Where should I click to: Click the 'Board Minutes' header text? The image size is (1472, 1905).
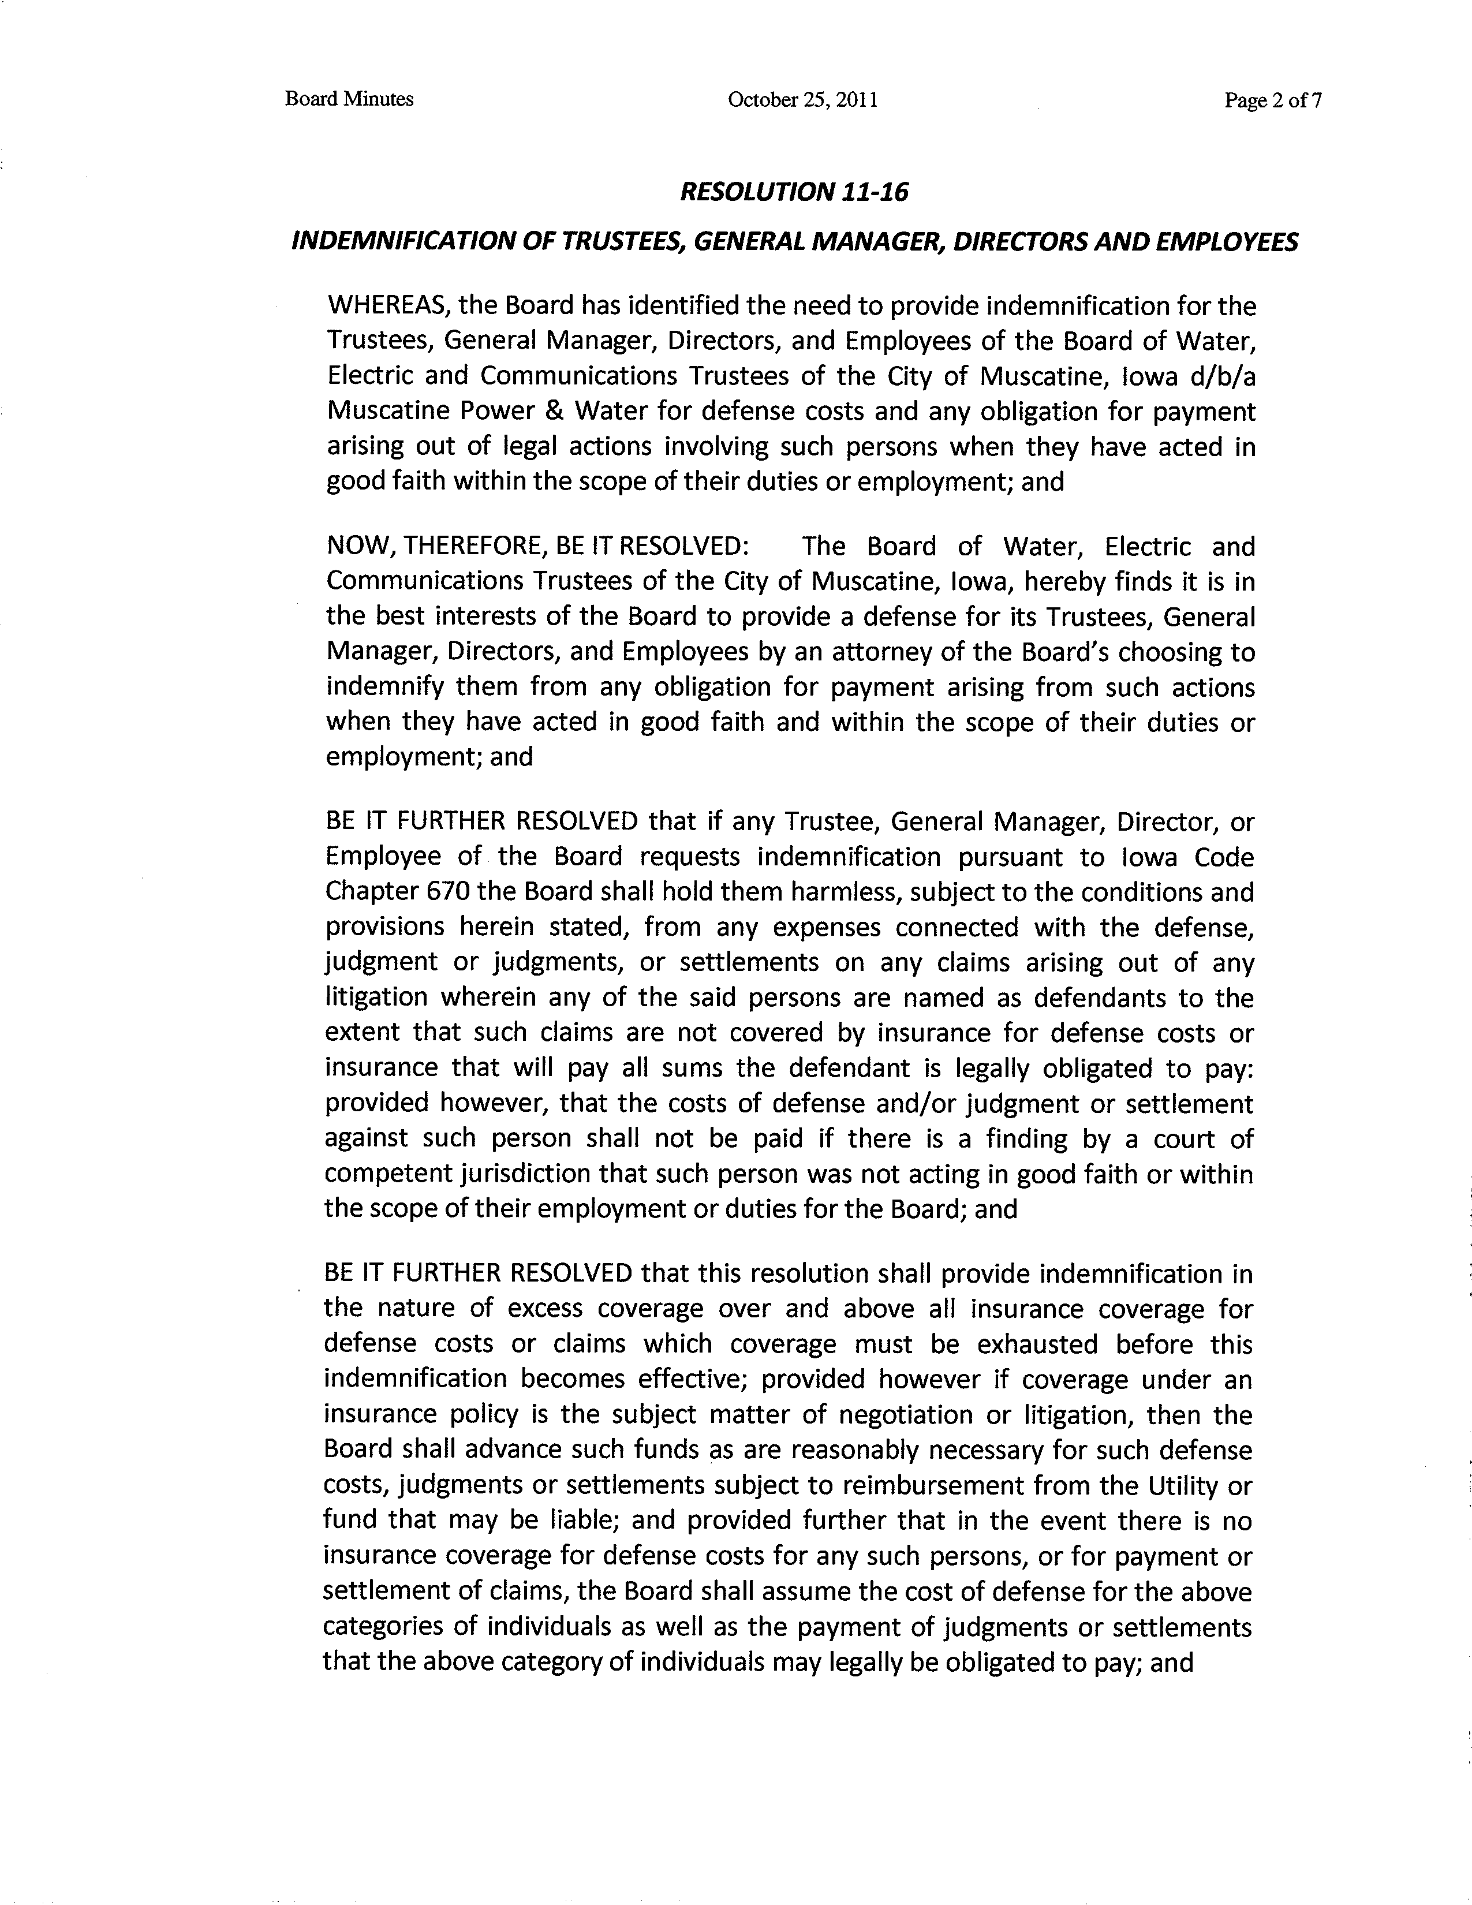(x=349, y=99)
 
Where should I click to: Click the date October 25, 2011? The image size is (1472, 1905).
(x=802, y=100)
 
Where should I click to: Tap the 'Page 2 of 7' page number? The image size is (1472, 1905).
(x=1273, y=101)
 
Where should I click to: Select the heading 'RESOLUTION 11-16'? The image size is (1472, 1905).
(x=794, y=192)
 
